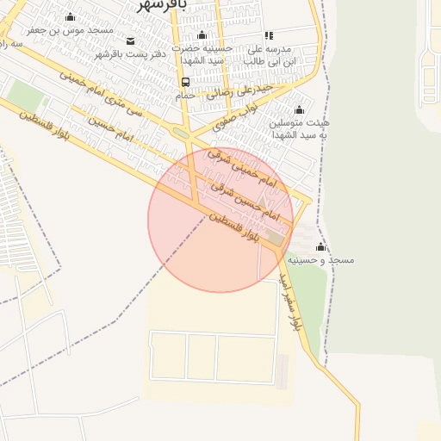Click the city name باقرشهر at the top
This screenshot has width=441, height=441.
point(163,4)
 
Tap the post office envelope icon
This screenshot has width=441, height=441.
point(130,41)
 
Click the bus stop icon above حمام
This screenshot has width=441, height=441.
point(185,83)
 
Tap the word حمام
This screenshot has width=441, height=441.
point(185,96)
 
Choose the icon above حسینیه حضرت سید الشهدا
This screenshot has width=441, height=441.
point(202,35)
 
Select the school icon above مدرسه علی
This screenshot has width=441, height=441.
point(269,36)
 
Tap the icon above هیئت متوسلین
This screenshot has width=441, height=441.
point(299,109)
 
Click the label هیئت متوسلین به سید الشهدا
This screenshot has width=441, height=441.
point(300,128)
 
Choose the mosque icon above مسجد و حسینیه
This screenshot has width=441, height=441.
point(320,246)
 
